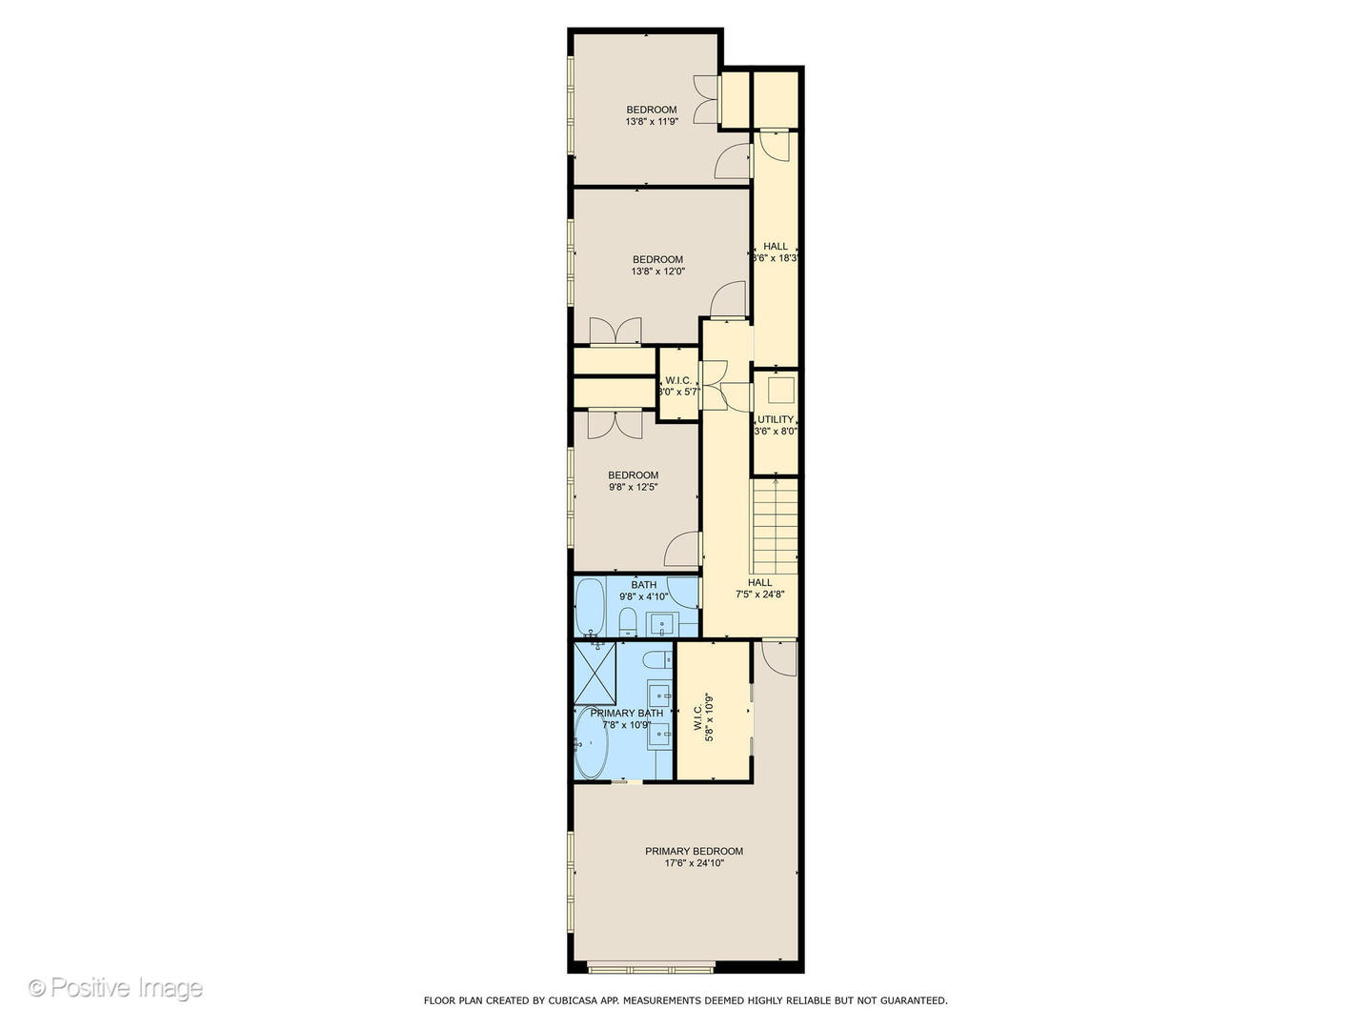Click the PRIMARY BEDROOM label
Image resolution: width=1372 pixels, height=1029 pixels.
pos(694,851)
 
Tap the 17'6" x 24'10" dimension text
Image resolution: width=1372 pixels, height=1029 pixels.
pos(694,864)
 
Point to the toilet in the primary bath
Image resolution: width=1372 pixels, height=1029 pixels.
pos(656,660)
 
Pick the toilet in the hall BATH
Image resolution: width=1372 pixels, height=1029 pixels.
pos(628,623)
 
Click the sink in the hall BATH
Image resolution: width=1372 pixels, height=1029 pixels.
pos(661,625)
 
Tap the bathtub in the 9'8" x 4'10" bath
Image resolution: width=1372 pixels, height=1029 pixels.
pos(590,606)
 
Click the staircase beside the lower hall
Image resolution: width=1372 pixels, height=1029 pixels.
pos(775,527)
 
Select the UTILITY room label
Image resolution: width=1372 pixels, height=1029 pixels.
pos(776,419)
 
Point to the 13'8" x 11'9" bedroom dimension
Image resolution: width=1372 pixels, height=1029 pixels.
pos(652,122)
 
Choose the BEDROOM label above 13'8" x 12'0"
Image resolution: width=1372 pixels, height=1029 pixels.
pos(657,259)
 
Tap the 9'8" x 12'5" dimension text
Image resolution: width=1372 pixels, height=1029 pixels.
pos(634,488)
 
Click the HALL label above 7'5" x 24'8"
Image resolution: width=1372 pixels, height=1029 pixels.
pos(759,582)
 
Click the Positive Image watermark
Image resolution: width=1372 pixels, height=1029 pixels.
pos(115,988)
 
